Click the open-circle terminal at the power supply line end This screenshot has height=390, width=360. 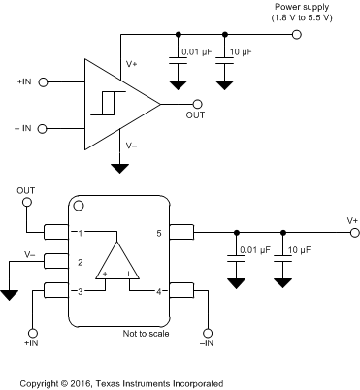(x=297, y=35)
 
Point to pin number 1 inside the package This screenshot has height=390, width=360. (x=82, y=233)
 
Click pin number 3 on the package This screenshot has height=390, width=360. (x=82, y=291)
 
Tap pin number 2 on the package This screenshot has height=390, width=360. (x=82, y=262)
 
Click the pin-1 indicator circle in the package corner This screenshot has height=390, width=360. (x=80, y=206)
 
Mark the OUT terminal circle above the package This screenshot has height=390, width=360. (x=28, y=204)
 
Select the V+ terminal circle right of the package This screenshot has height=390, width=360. (x=354, y=233)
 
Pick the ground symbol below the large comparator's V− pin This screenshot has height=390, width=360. (x=119, y=168)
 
